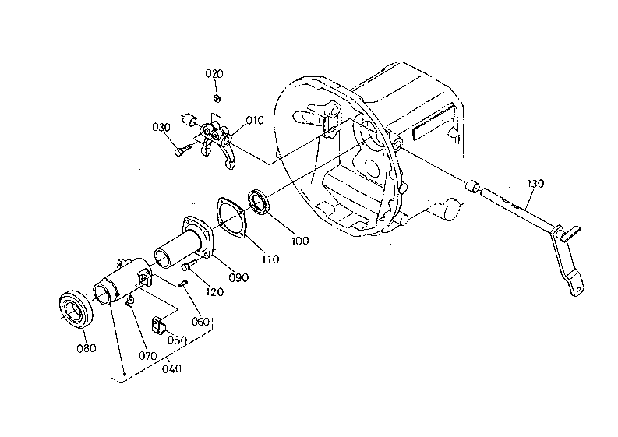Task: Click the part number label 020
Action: click(214, 74)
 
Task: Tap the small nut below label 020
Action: click(217, 97)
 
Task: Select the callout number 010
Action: click(255, 120)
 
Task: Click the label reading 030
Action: click(161, 128)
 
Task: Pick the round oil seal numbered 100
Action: click(259, 203)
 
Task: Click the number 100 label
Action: click(300, 241)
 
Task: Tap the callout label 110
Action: click(270, 259)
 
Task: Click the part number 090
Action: click(238, 277)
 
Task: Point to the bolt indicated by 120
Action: click(189, 265)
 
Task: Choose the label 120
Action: click(215, 292)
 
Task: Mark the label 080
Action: click(87, 348)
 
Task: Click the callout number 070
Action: click(148, 356)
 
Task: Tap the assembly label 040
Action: click(172, 368)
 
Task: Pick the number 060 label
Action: click(200, 322)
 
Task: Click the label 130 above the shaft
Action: click(535, 184)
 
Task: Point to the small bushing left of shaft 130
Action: click(472, 186)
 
